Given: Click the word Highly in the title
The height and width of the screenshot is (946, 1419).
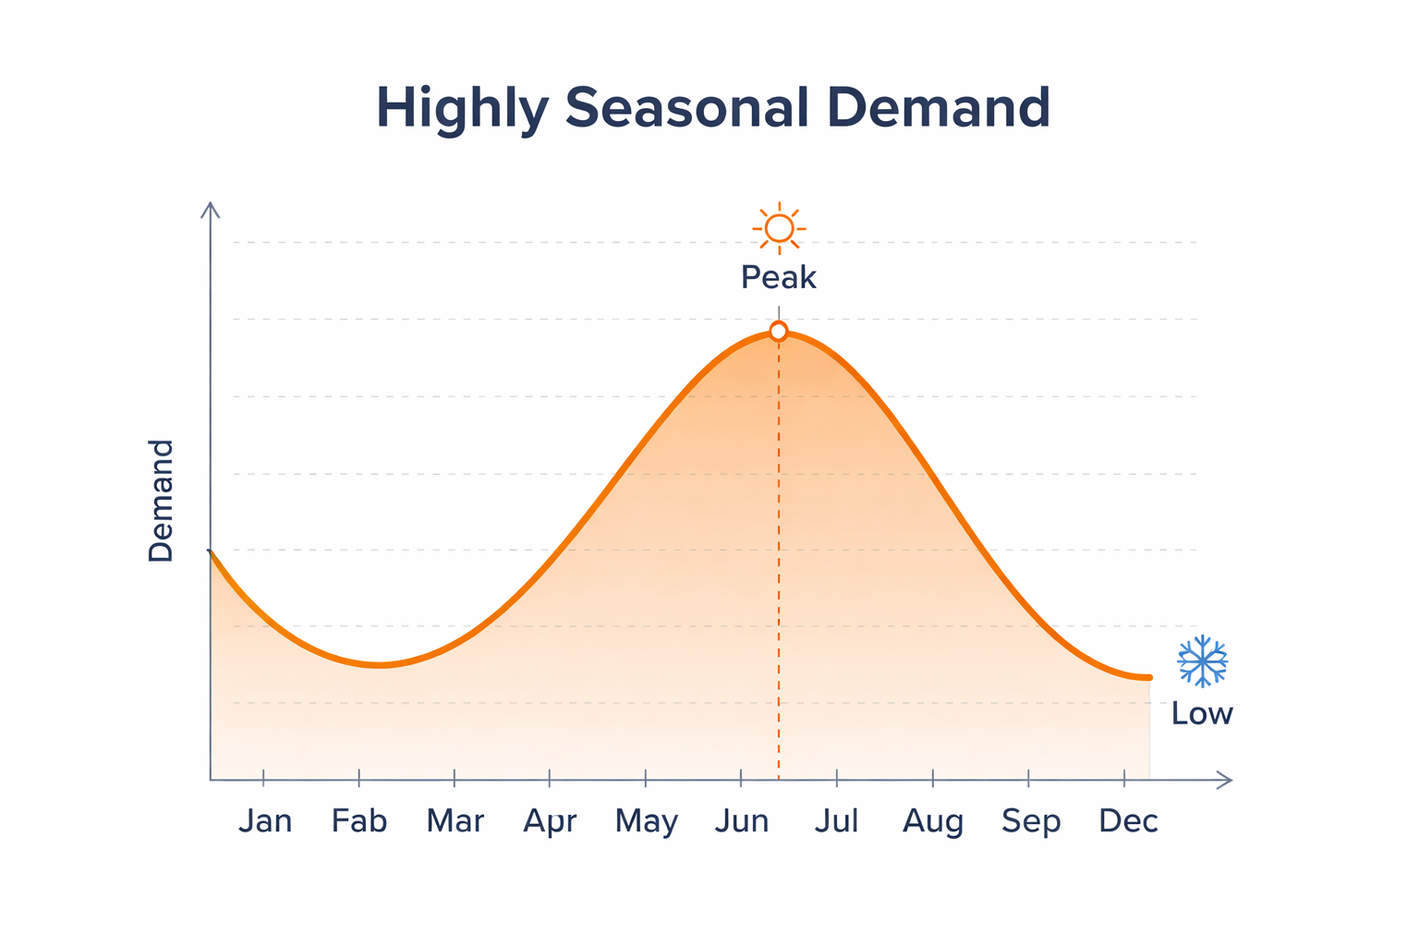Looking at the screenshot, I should (x=462, y=108).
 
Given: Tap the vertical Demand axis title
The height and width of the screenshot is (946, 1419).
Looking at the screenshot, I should (x=161, y=501).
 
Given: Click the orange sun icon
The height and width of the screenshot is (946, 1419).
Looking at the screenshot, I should (x=779, y=227).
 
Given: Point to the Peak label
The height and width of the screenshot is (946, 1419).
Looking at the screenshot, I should (x=779, y=277).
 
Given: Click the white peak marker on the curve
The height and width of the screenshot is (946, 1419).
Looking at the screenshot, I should (x=779, y=332).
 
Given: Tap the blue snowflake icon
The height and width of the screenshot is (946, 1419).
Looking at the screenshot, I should (x=1202, y=661).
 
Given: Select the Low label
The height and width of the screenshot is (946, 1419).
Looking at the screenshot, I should (x=1202, y=713).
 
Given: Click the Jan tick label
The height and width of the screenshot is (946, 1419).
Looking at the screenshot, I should (x=265, y=820).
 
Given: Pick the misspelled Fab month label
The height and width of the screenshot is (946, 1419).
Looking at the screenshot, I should (x=359, y=820).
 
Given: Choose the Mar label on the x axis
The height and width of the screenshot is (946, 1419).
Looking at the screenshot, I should (x=455, y=820).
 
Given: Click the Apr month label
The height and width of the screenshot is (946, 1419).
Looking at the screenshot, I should (x=550, y=821).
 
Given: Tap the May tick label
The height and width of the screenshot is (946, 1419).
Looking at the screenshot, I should (x=646, y=821).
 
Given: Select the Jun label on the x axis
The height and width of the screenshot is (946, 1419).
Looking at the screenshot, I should (x=741, y=820).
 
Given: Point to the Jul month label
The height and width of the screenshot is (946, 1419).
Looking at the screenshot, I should (x=836, y=820).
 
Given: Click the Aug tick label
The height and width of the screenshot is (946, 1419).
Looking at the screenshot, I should (x=933, y=821).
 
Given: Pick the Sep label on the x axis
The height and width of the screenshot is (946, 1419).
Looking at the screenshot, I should (x=1030, y=821).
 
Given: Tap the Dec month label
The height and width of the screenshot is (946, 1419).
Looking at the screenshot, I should (x=1127, y=820).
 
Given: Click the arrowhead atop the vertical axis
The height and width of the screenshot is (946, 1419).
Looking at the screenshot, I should (x=211, y=209).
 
